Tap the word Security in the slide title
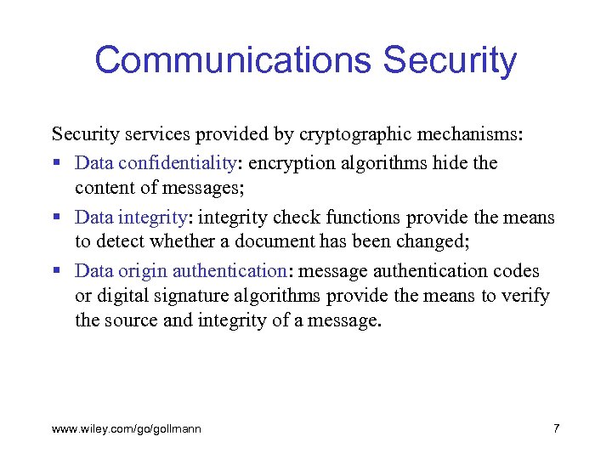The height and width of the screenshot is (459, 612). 450,60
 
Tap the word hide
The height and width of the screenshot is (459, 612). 445,162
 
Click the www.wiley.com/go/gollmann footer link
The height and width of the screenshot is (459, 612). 127,429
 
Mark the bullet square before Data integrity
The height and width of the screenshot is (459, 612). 57,218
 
